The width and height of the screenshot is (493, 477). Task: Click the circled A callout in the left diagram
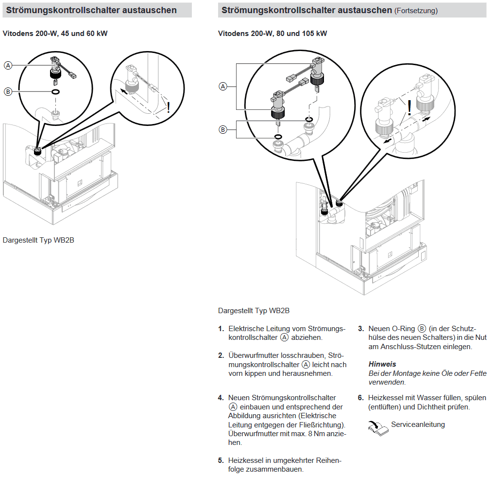click(x=8, y=66)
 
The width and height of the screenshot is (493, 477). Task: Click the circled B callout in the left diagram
click(x=8, y=91)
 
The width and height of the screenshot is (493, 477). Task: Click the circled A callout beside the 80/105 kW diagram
click(x=223, y=87)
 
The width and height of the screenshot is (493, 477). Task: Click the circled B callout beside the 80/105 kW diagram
click(x=223, y=129)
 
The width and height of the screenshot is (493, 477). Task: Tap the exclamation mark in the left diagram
click(x=169, y=107)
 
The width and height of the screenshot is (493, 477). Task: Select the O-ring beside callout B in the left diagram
click(x=56, y=91)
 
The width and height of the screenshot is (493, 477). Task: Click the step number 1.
click(x=221, y=329)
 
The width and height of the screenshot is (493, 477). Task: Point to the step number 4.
click(x=221, y=398)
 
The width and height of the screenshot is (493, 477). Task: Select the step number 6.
click(x=361, y=398)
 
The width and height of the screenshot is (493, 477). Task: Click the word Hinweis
click(x=382, y=364)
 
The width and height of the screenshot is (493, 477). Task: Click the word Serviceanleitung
click(x=418, y=424)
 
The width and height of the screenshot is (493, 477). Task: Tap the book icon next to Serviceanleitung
click(x=378, y=427)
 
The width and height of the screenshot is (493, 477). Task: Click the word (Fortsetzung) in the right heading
click(x=416, y=11)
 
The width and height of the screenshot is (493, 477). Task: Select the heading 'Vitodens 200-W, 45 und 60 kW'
click(x=55, y=34)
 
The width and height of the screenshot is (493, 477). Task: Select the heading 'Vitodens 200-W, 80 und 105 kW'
click(x=273, y=34)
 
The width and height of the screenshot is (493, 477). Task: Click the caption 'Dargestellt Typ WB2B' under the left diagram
click(x=38, y=240)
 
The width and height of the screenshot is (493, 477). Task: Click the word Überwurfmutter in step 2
click(x=253, y=356)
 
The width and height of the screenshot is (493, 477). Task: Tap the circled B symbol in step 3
click(x=422, y=329)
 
